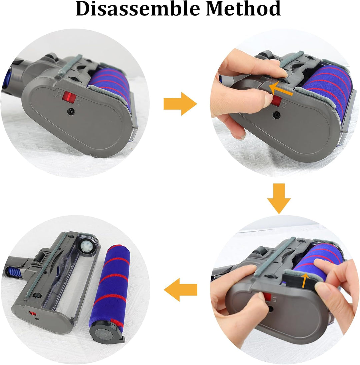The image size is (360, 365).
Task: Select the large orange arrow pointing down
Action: tap(279, 199)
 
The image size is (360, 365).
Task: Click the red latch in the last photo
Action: tap(33, 314)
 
